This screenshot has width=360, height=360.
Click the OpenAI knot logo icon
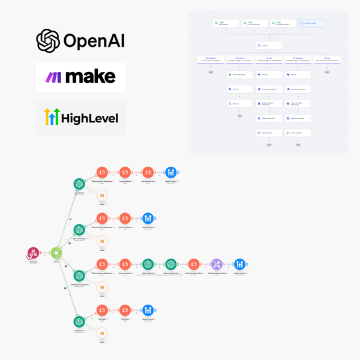48,41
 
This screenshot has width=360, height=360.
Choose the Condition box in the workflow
269,45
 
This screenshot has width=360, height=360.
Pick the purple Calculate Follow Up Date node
217,264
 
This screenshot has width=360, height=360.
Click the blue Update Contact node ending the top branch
170,173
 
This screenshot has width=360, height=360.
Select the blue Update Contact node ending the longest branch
239,264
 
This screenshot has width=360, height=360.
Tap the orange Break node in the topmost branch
102,195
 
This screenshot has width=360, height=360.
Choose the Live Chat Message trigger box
255,23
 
